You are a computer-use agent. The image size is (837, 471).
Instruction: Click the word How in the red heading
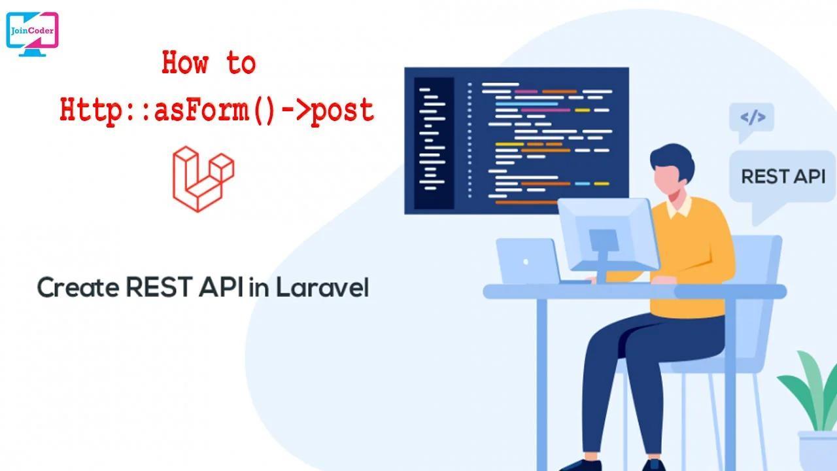[185, 64]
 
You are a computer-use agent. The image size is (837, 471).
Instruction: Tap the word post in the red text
[342, 110]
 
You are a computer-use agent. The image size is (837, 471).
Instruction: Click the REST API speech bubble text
[783, 177]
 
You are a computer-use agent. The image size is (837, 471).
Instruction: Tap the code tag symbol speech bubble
[752, 118]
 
